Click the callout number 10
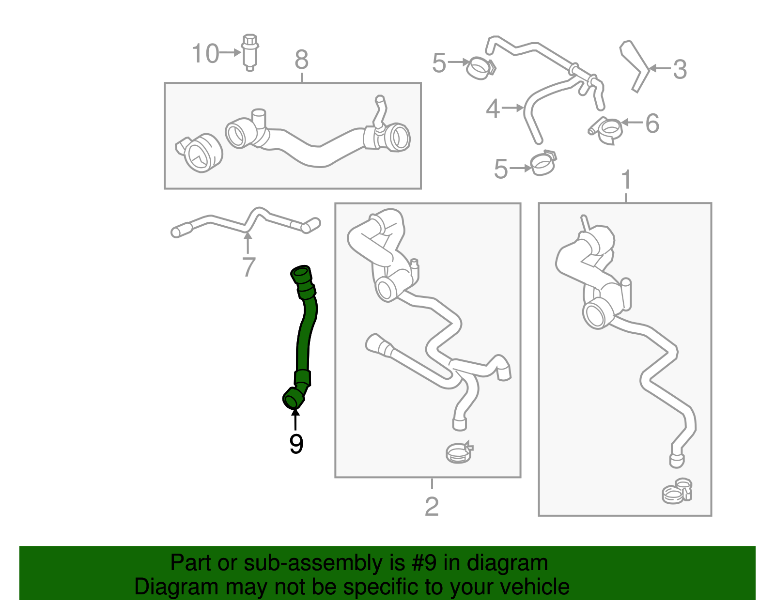pyautogui.click(x=205, y=53)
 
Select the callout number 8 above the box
pyautogui.click(x=301, y=60)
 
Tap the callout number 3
pyautogui.click(x=680, y=69)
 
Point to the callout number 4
pyautogui.click(x=493, y=109)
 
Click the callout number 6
pyautogui.click(x=652, y=124)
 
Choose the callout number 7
pyautogui.click(x=248, y=267)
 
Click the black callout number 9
pyautogui.click(x=296, y=444)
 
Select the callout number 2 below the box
pyautogui.click(x=432, y=507)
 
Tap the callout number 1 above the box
pyautogui.click(x=626, y=180)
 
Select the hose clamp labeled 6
pyautogui.click(x=606, y=130)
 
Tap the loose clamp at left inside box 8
pyautogui.click(x=200, y=153)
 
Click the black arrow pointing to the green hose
pyautogui.click(x=295, y=420)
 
